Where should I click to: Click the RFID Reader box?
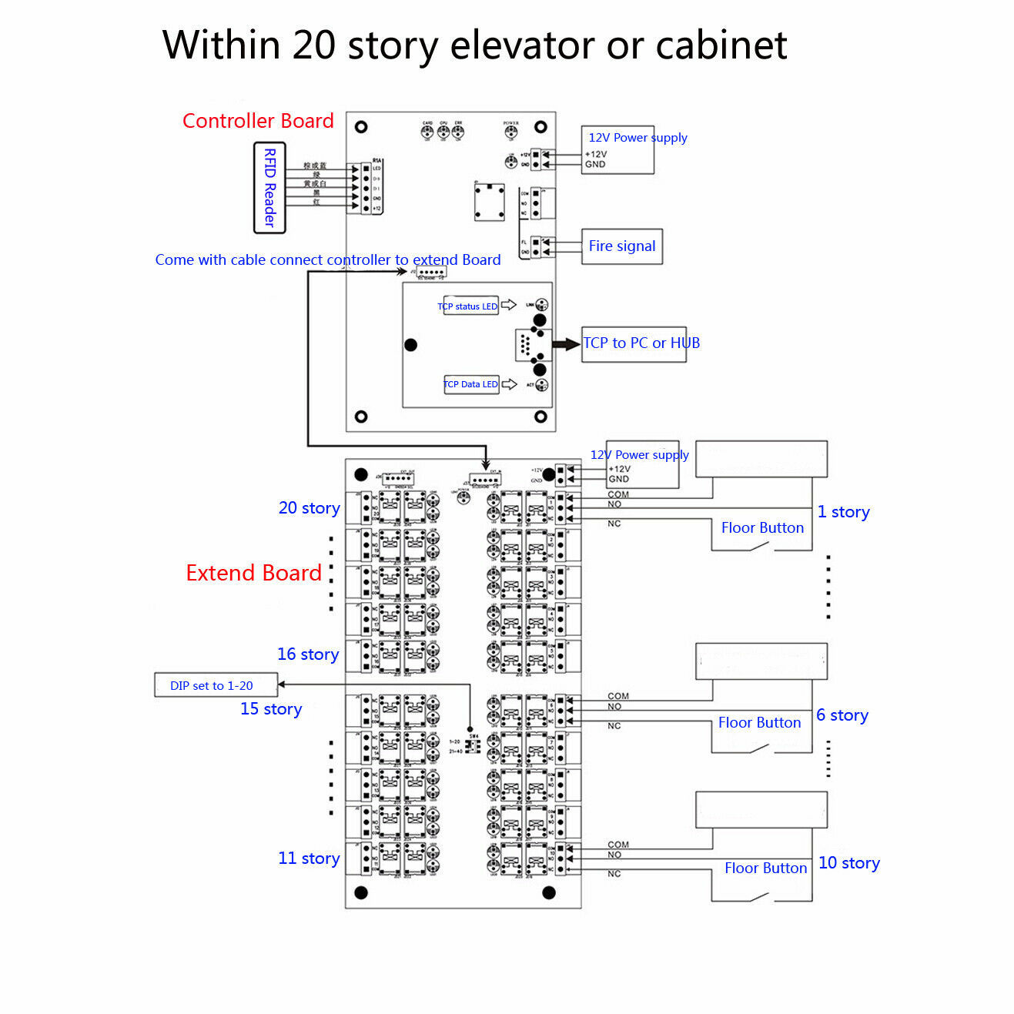tap(269, 187)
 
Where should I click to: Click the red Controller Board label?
tap(258, 121)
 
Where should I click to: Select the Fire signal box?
tap(622, 246)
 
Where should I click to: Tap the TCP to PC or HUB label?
tap(641, 343)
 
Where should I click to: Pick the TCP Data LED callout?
tap(471, 384)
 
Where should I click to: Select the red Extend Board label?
tap(253, 573)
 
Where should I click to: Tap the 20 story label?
tap(309, 508)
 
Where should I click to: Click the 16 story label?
tap(308, 654)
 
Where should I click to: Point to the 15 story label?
tap(271, 709)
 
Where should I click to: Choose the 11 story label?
tap(309, 858)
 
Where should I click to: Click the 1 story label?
tap(843, 512)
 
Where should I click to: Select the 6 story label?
tap(842, 715)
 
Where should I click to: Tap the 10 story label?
tap(848, 863)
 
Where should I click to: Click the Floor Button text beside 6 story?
tap(759, 722)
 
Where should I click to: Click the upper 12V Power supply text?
tap(638, 138)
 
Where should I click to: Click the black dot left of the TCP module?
tap(411, 345)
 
